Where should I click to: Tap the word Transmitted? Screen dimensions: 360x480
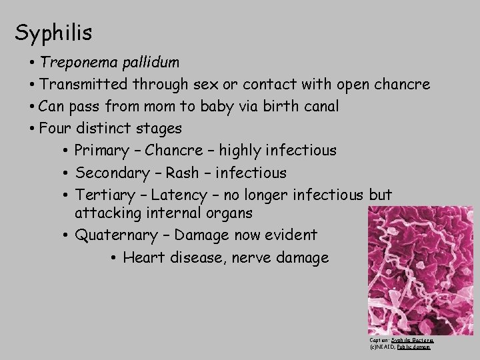click(83, 85)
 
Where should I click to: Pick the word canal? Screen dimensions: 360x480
click(319, 106)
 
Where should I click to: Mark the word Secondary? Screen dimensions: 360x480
click(112, 173)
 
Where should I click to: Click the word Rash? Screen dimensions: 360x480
click(182, 173)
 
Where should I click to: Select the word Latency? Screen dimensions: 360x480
click(179, 195)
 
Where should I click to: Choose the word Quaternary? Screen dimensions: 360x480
click(114, 235)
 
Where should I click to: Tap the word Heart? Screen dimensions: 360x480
click(143, 257)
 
